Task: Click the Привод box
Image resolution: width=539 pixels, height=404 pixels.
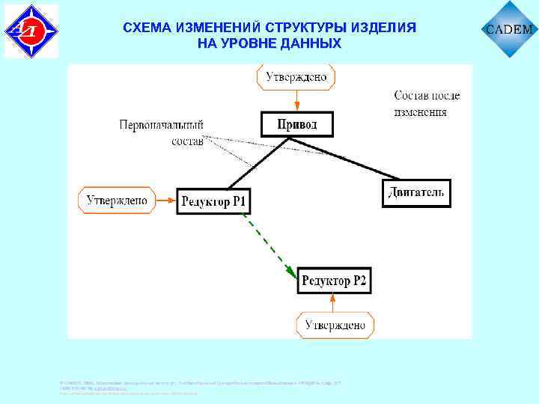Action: click(297, 124)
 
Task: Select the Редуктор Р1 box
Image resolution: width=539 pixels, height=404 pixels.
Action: click(213, 201)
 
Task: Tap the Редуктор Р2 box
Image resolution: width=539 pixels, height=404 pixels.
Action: click(334, 281)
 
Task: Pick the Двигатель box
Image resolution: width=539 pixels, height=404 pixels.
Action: click(416, 193)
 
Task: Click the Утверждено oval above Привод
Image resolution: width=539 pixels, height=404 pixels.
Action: click(296, 76)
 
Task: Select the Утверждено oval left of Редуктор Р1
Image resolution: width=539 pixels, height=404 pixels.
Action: click(116, 200)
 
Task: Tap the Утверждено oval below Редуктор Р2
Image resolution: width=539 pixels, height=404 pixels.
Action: click(334, 325)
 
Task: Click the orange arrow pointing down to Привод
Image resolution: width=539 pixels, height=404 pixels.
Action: click(297, 100)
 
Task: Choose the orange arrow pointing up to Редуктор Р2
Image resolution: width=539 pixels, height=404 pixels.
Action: click(334, 303)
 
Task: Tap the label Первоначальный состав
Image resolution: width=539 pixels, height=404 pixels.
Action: click(161, 132)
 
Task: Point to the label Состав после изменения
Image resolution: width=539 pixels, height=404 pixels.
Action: click(427, 103)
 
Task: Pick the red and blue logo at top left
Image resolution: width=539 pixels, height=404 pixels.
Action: click(31, 31)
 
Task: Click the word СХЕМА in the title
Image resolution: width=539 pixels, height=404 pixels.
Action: click(147, 28)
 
